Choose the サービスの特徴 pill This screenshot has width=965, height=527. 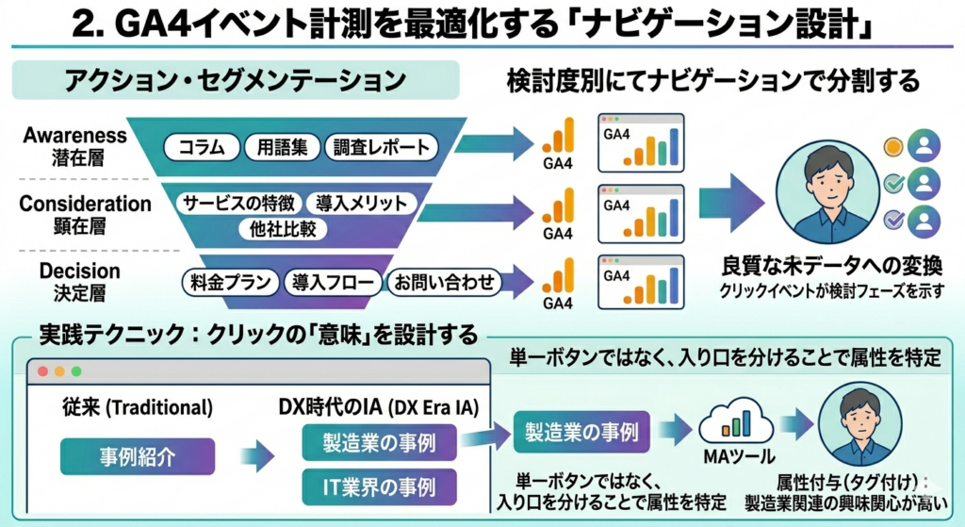(x=238, y=203)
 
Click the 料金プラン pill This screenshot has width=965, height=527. (x=231, y=281)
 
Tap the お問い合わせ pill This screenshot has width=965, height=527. (x=444, y=281)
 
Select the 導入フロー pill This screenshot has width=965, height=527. (x=335, y=281)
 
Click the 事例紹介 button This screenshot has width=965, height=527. (x=138, y=456)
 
